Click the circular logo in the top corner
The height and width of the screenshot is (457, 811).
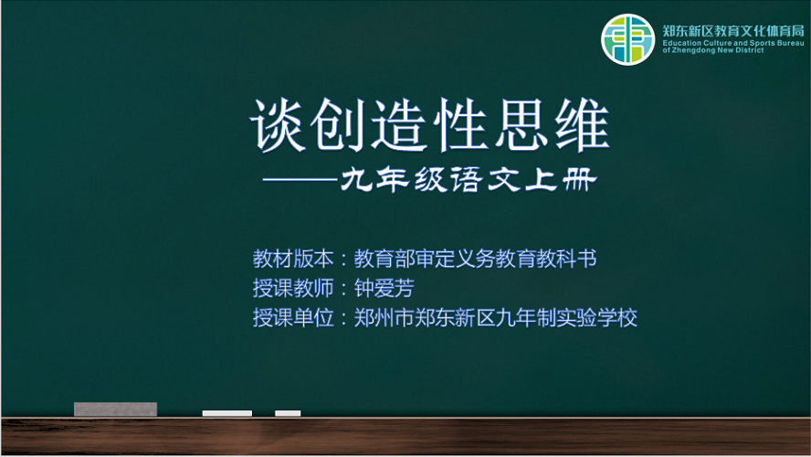pyautogui.click(x=628, y=39)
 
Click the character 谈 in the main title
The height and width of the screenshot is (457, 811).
pyautogui.click(x=278, y=125)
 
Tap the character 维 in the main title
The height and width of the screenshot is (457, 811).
pyautogui.click(x=583, y=125)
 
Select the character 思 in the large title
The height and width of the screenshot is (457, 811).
pyautogui.click(x=521, y=125)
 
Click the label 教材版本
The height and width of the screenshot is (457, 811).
pyautogui.click(x=293, y=259)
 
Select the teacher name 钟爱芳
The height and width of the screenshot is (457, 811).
pyautogui.click(x=384, y=288)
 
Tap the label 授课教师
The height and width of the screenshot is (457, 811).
pyautogui.click(x=293, y=288)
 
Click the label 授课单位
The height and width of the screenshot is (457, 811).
pyautogui.click(x=293, y=318)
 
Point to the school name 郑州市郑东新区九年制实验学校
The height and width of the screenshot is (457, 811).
pyautogui.click(x=496, y=318)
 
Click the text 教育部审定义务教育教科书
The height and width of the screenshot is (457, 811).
pyautogui.click(x=475, y=259)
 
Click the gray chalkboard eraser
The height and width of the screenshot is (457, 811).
pyautogui.click(x=115, y=409)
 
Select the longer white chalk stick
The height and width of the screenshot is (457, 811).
pyautogui.click(x=227, y=413)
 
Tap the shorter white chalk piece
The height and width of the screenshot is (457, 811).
pyautogui.click(x=288, y=413)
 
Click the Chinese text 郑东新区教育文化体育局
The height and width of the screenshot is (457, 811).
pyautogui.click(x=733, y=30)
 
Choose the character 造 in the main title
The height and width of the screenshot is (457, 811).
pyautogui.click(x=399, y=125)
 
